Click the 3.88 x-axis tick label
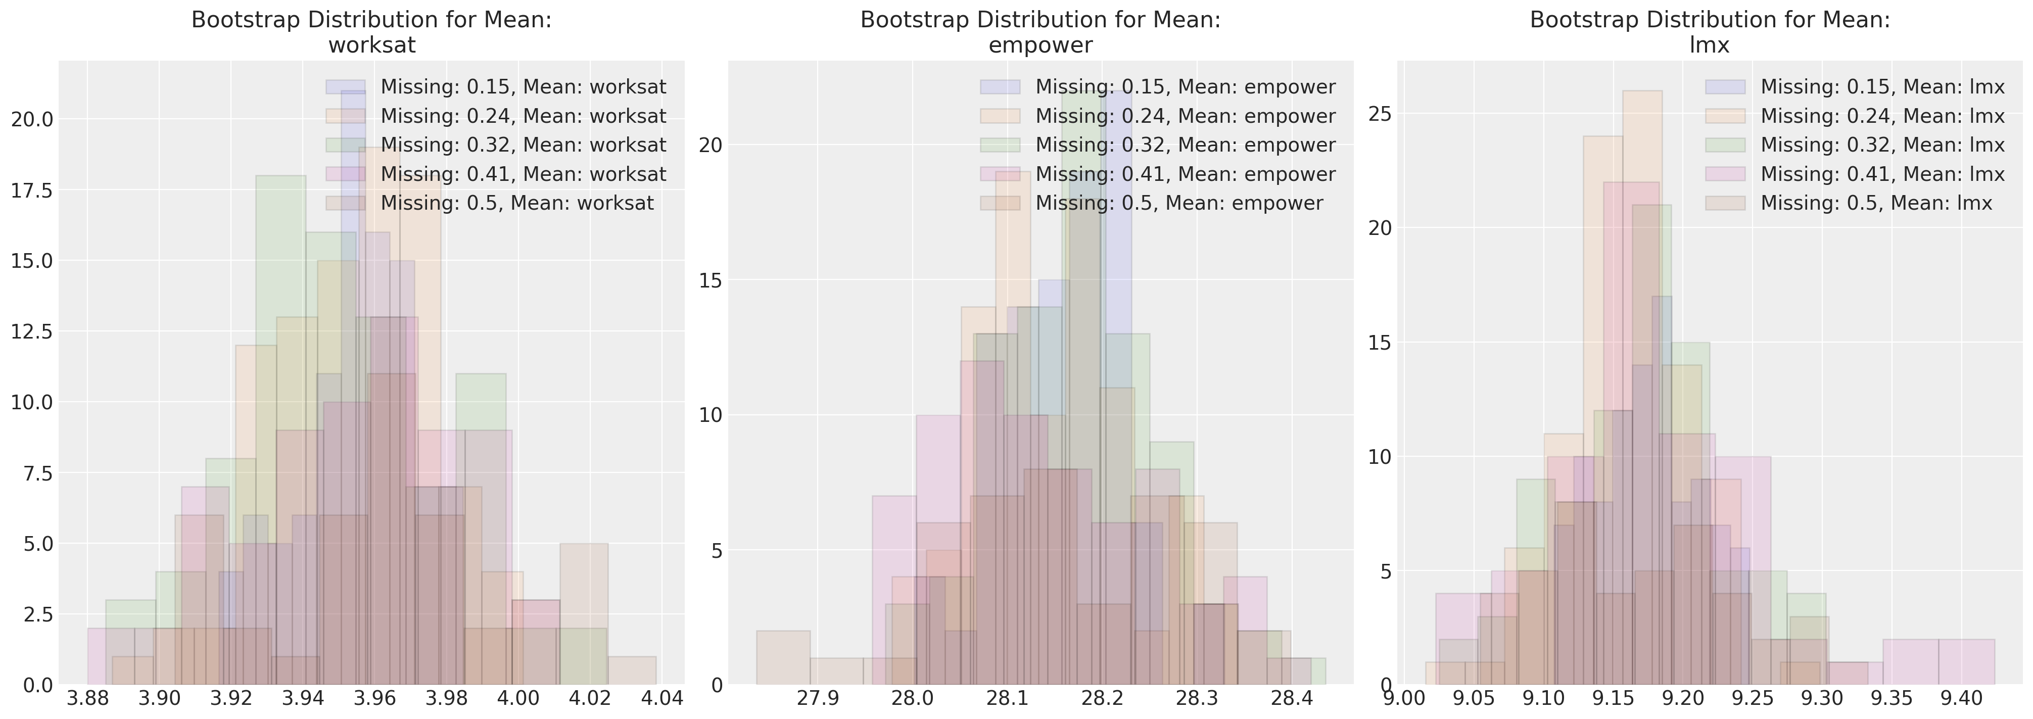87,698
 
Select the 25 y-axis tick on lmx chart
1380,114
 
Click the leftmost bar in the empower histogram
783,657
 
